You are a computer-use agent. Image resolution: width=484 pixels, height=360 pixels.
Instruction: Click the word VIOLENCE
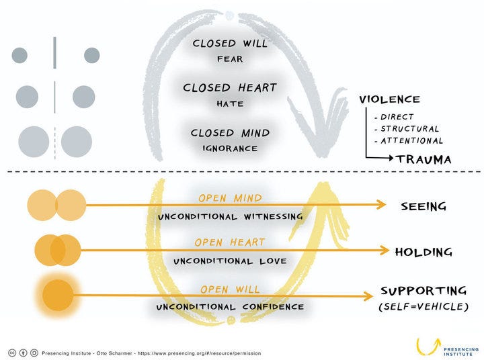point(389,99)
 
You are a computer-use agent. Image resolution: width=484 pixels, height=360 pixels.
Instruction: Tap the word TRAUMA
point(424,159)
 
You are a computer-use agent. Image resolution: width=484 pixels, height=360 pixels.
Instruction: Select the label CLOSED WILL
point(230,44)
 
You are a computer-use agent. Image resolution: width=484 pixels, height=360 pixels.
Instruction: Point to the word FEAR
point(230,59)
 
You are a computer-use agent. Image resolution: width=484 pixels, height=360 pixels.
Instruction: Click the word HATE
point(230,103)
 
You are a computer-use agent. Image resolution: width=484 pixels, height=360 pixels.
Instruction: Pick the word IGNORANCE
point(230,148)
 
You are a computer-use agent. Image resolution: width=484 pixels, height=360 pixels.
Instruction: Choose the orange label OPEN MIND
point(231,197)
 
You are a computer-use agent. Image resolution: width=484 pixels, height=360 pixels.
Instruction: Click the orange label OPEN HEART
point(230,242)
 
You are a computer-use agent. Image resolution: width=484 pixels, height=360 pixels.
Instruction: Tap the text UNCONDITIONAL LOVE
point(230,261)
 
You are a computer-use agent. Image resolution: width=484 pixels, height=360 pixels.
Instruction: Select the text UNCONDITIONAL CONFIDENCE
point(230,307)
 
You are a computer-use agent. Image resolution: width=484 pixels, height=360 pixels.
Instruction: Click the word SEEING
point(424,206)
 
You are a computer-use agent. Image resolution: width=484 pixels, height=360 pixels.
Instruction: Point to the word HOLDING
point(424,252)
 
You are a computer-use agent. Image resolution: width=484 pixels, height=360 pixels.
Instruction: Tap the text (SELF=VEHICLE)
point(424,307)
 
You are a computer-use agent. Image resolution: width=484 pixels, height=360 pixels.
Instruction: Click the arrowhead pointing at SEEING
point(381,205)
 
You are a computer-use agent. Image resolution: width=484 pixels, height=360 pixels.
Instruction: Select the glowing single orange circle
point(58,296)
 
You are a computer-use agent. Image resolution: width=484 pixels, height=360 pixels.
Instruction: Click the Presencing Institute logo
point(447,347)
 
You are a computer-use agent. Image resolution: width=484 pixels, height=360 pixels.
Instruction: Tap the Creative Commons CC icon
point(12,353)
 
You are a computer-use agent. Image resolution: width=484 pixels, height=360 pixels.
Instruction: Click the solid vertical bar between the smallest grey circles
point(54,53)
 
